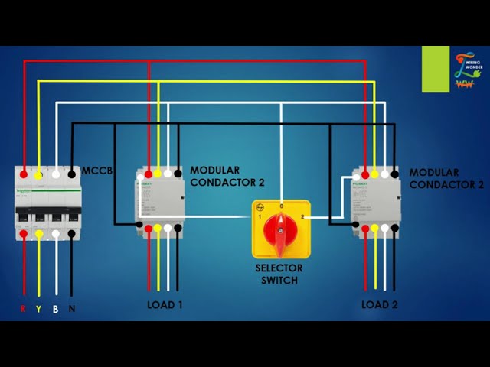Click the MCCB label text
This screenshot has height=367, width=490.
(97, 171)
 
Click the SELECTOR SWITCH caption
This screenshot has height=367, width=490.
(279, 274)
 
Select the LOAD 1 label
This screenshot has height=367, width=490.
(165, 304)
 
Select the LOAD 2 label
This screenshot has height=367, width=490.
(380, 304)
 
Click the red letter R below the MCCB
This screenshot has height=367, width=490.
(24, 309)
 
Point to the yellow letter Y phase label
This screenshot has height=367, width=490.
(38, 309)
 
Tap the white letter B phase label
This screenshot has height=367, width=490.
(55, 309)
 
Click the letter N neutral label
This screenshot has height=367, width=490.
(72, 309)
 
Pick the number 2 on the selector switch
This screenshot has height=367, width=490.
(302, 218)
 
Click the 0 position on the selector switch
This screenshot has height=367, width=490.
(281, 206)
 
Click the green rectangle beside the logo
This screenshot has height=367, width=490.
(436, 69)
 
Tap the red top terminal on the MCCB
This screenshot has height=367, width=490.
(24, 174)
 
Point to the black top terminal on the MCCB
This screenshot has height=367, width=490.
(72, 174)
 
